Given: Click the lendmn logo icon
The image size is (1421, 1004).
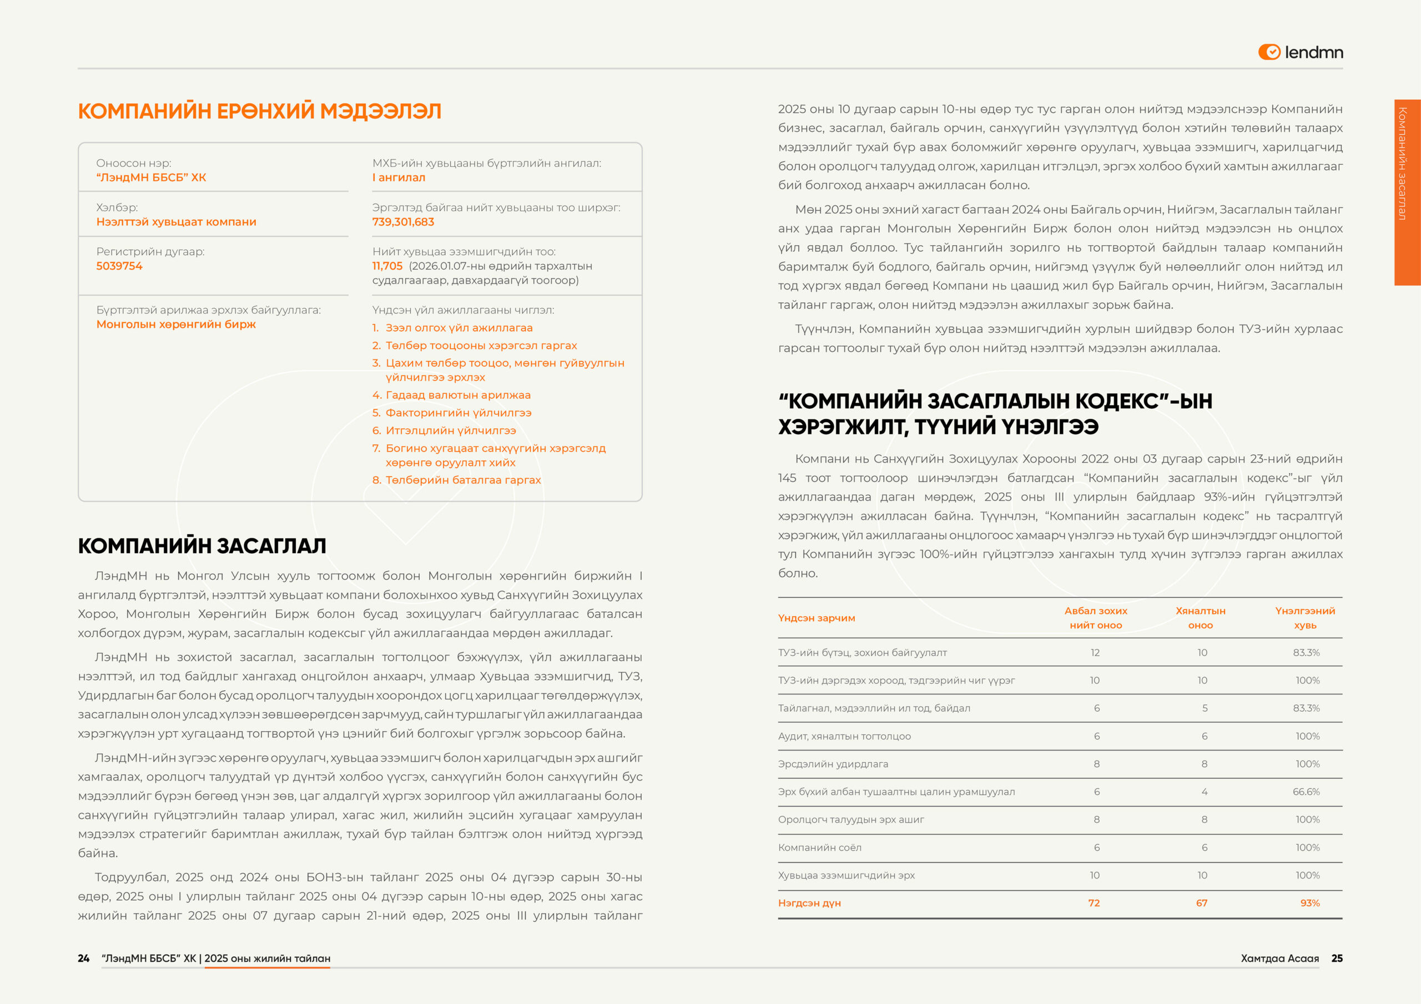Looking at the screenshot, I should [x=1269, y=52].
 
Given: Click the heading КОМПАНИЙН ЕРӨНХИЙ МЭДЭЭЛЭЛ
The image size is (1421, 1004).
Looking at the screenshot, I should [x=259, y=111].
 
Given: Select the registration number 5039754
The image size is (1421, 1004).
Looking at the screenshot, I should [x=119, y=266].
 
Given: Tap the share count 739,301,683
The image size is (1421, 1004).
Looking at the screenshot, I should [x=403, y=222].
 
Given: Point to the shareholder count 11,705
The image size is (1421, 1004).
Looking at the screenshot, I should [x=387, y=266].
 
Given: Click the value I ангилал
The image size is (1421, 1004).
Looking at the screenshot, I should [x=399, y=178].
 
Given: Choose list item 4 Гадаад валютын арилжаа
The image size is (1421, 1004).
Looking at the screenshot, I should [x=457, y=395].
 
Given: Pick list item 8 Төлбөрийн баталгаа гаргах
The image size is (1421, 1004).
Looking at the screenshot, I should [x=462, y=480].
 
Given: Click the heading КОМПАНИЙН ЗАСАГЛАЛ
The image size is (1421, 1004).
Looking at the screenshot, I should [x=201, y=546].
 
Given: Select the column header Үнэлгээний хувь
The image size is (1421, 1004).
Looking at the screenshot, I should [x=1304, y=618].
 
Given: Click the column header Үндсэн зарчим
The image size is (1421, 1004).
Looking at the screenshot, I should [x=817, y=618].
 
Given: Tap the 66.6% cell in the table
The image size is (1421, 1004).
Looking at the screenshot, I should [x=1306, y=792].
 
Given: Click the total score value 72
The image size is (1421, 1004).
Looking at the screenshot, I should [x=1094, y=903].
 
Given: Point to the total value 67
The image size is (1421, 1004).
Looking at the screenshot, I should [x=1202, y=903].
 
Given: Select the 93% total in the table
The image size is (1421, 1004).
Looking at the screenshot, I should [x=1309, y=903].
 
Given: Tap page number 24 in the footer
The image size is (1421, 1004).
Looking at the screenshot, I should [x=84, y=958].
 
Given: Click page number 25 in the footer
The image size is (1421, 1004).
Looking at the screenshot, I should [x=1337, y=958].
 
